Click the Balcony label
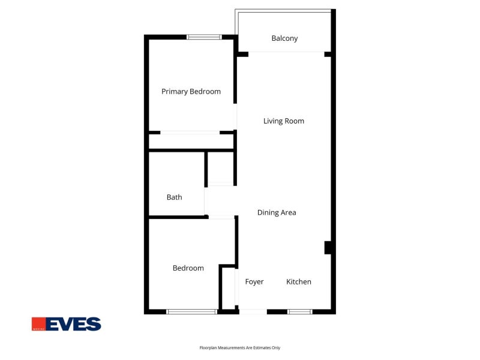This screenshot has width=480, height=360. click(284, 38)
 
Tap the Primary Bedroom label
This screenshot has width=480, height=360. click(191, 92)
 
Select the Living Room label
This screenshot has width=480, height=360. click(284, 121)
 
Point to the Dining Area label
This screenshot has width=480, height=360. click(277, 212)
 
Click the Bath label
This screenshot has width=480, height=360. click(174, 197)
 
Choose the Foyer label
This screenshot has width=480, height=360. click(254, 281)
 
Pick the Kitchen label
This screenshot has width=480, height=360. click(299, 281)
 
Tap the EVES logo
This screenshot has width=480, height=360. click(67, 324)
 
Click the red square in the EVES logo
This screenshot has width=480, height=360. click(38, 324)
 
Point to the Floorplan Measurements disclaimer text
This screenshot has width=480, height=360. click(239, 348)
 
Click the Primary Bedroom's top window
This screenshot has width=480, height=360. click(204, 37)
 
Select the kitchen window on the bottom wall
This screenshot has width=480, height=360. click(299, 311)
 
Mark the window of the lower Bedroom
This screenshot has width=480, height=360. click(191, 311)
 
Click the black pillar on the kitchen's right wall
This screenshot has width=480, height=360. click(328, 248)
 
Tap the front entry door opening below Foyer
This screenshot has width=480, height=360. click(253, 311)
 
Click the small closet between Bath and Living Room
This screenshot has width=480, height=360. click(220, 168)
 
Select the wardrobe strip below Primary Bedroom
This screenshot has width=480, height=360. click(191, 142)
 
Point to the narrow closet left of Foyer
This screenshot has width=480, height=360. click(229, 288)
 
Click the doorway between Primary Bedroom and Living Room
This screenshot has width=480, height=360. click(235, 116)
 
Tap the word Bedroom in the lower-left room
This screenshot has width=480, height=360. click(188, 268)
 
